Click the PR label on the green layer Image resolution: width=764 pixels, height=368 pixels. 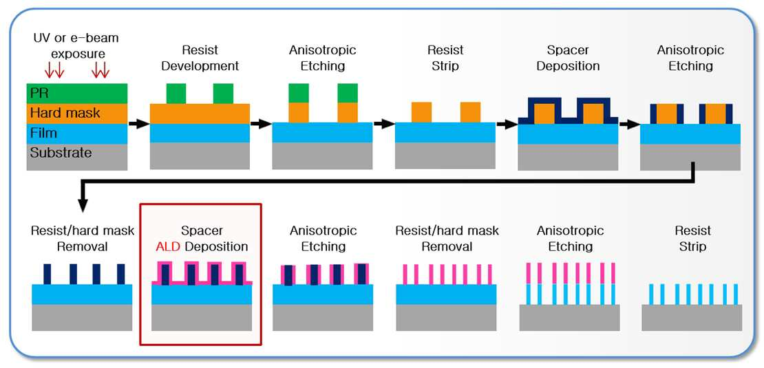click(37, 92)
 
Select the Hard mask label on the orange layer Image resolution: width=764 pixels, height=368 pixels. click(65, 113)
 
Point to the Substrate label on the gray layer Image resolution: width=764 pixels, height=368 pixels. click(61, 153)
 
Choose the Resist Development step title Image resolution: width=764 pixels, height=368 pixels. click(200, 58)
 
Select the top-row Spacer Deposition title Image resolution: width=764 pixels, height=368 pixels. click(568, 58)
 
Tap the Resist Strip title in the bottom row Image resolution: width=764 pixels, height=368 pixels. click(692, 239)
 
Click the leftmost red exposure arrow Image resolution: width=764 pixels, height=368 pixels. click(48, 71)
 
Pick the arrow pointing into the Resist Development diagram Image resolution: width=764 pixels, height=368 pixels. click(139, 124)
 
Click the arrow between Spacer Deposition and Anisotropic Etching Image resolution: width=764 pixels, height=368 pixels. click(630, 124)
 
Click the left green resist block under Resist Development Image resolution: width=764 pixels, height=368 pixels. click(176, 94)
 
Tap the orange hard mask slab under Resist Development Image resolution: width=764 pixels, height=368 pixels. click(200, 113)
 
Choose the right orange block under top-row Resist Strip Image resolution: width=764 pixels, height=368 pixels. click(470, 112)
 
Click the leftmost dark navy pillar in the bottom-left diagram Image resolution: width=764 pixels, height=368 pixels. click(47, 274)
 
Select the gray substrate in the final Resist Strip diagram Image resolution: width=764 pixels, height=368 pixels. click(692, 318)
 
